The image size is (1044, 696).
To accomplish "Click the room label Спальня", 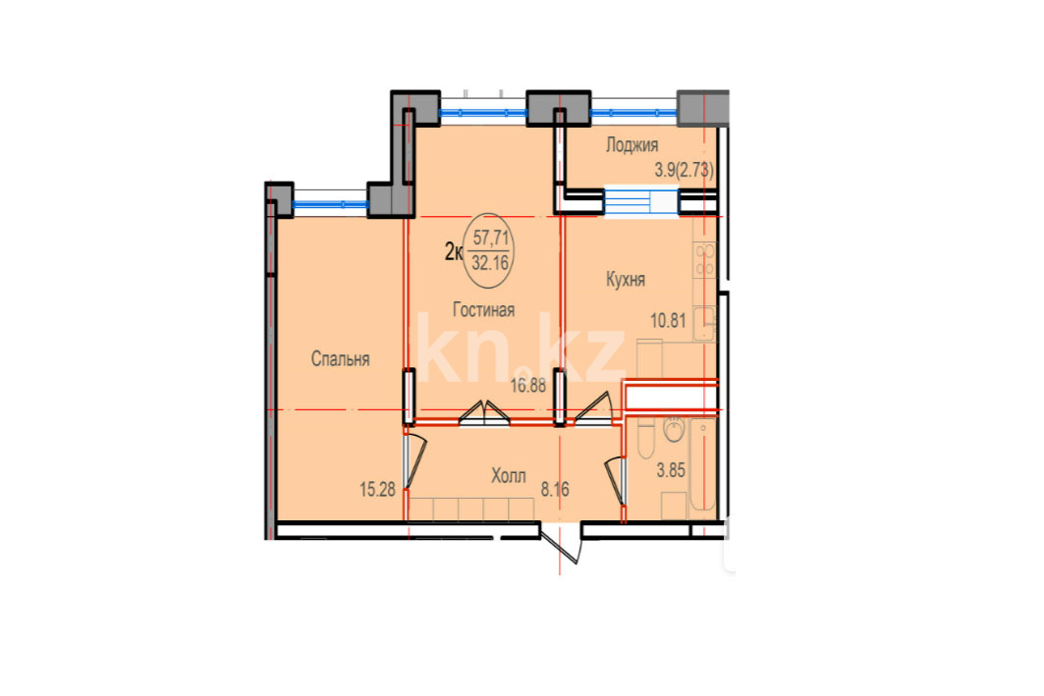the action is [x=340, y=359].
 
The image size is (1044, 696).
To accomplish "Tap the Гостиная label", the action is [x=483, y=310].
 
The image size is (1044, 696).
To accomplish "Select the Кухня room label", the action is [x=626, y=280].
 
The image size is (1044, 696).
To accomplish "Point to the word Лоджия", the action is [x=632, y=145].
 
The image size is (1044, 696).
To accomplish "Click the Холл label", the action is [x=509, y=476].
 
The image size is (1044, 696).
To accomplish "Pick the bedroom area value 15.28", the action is [x=377, y=491].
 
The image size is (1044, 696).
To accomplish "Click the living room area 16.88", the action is [x=528, y=385].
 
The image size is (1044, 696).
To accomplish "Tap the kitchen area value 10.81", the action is [x=668, y=321].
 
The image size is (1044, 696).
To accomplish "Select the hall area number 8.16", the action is [x=555, y=490].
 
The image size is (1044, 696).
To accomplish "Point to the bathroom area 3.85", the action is [x=671, y=470].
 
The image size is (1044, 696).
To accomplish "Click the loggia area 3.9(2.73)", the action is [x=685, y=171].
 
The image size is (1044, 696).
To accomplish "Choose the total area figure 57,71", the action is [x=491, y=237].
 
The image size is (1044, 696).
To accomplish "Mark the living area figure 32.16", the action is [x=490, y=263].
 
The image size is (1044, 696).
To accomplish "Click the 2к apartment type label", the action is [x=454, y=251].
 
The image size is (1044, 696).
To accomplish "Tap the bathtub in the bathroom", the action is [x=702, y=468].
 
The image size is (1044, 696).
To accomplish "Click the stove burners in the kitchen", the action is [x=704, y=259].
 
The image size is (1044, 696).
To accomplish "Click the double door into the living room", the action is [x=484, y=411].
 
